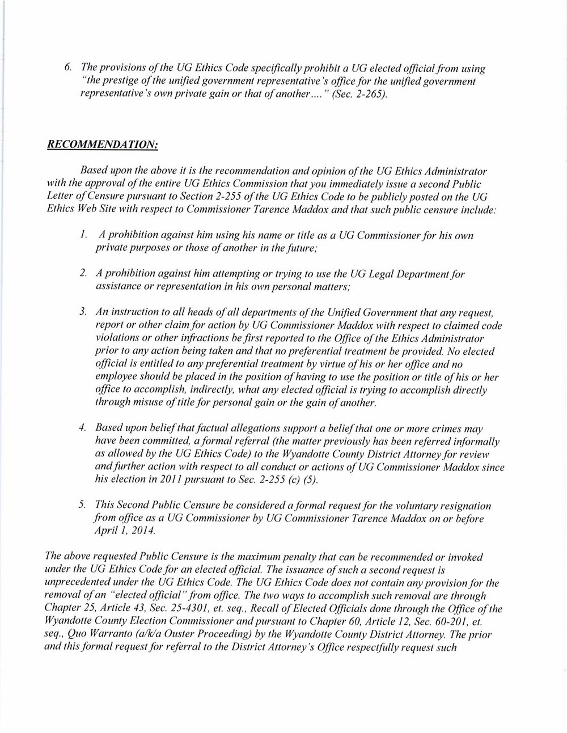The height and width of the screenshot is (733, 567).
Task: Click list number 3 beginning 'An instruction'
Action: [83, 312]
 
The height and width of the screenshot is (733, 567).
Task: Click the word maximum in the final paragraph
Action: [268, 557]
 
